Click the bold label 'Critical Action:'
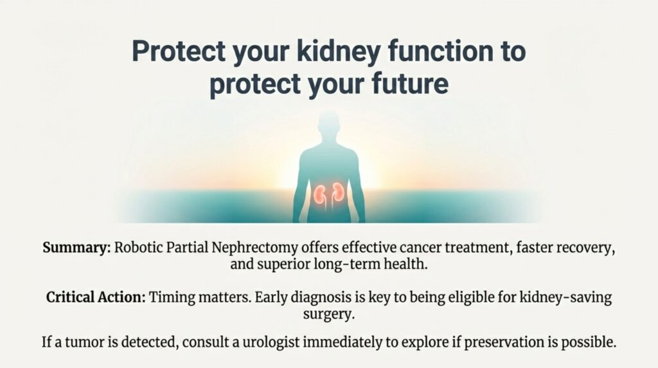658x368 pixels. pos(95,299)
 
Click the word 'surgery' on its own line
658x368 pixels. pos(328,315)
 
